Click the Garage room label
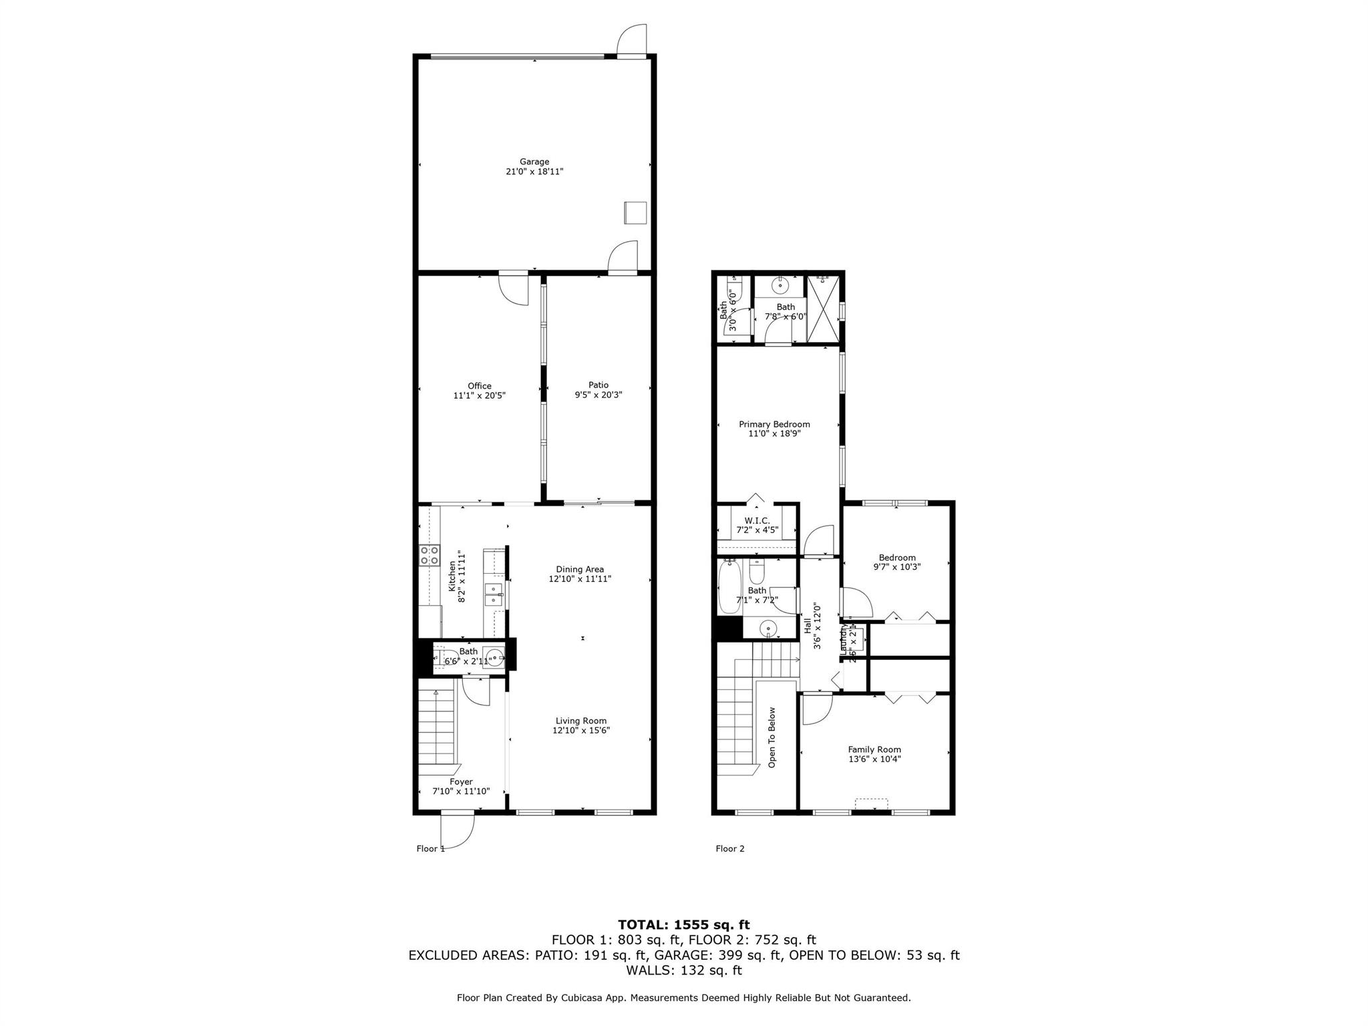click(534, 162)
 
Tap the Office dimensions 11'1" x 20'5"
click(479, 395)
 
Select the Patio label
click(598, 385)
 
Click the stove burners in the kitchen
click(429, 555)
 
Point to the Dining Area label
click(580, 569)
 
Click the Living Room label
click(581, 721)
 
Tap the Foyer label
click(461, 782)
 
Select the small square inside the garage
click(635, 212)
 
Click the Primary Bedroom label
click(774, 424)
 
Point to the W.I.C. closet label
click(757, 520)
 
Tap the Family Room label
click(874, 749)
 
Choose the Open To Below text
click(772, 737)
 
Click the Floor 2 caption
click(729, 848)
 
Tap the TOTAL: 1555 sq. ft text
click(683, 925)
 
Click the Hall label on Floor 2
click(808, 626)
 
